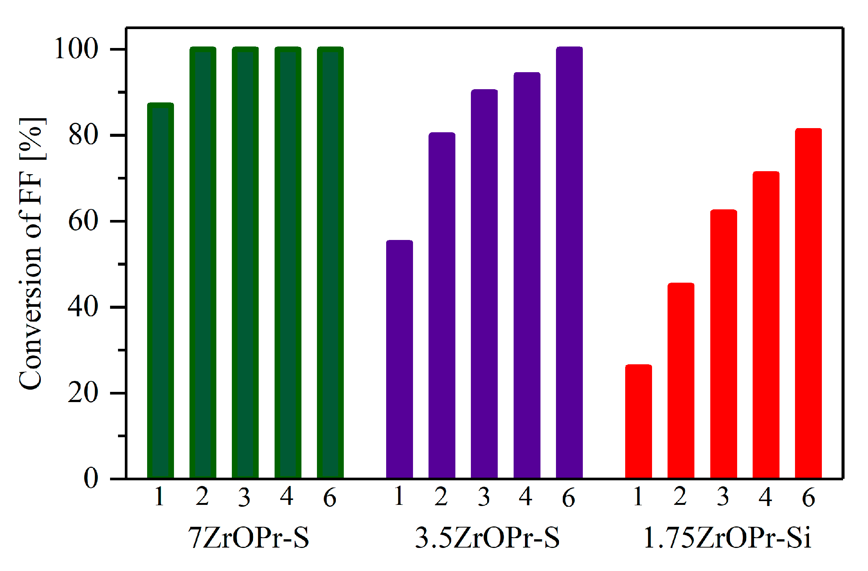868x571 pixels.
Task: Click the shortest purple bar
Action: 399,359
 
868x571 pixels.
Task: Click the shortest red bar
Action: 638,421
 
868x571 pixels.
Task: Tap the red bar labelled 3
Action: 724,344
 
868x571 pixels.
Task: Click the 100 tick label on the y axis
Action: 77,49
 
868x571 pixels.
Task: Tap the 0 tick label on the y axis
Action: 91,478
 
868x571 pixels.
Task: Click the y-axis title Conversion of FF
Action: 32,253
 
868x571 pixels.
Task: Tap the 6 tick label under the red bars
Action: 809,497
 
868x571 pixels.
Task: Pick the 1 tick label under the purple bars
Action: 399,496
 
